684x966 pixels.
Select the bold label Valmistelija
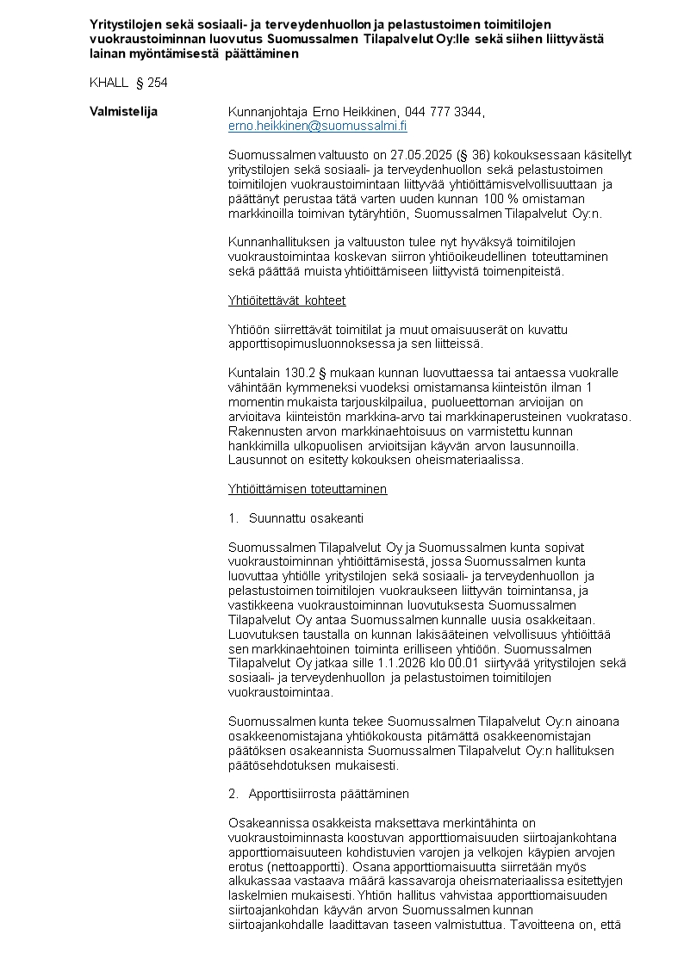(x=123, y=112)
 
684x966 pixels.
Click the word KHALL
(x=108, y=83)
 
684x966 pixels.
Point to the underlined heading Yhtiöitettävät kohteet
(x=286, y=300)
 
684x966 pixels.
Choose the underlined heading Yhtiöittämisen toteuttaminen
(x=307, y=489)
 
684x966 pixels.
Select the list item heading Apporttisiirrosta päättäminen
(x=328, y=793)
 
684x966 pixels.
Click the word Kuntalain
(x=252, y=373)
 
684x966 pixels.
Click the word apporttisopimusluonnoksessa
(x=313, y=344)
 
